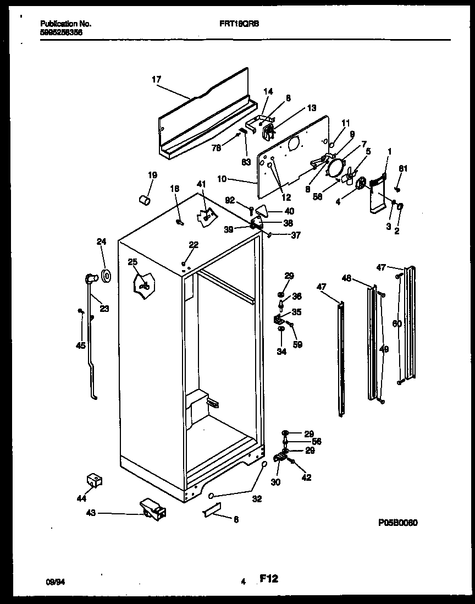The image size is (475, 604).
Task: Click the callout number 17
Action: [157, 79]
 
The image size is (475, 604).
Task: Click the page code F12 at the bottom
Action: [268, 578]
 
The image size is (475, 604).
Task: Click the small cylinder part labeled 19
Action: [145, 200]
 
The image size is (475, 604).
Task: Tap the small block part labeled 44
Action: [95, 481]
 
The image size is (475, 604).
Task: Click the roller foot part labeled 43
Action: [152, 509]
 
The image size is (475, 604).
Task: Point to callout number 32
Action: [257, 499]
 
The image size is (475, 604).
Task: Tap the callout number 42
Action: [306, 477]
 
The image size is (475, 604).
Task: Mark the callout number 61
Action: [404, 169]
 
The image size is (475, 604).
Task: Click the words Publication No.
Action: [66, 24]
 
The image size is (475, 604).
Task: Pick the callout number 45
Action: [81, 346]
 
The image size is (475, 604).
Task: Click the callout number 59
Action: [297, 345]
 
